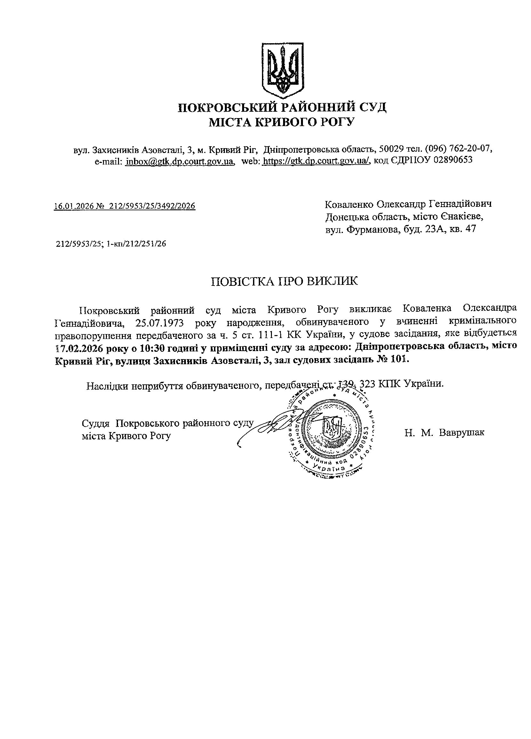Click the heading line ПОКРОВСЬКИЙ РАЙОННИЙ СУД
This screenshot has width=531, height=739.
(x=282, y=107)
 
